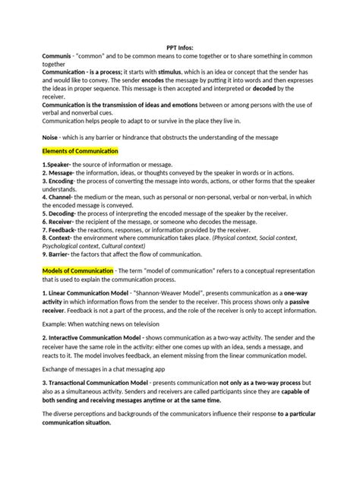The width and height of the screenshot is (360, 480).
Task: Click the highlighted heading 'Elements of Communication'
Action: [x=81, y=152]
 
